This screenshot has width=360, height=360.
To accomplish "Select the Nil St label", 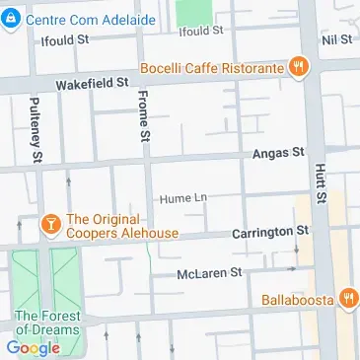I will tap(336, 38).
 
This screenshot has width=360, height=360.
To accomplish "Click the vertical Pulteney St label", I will tap(36, 128).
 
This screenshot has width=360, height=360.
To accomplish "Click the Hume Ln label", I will tap(184, 197).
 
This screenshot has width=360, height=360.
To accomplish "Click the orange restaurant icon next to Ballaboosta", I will tap(346, 299).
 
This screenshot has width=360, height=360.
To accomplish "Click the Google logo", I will tap(33, 347).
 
